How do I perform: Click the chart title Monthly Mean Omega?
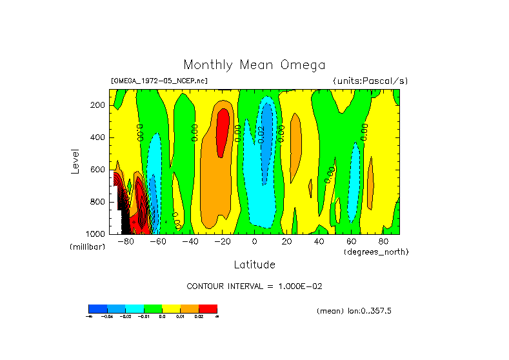click(254, 65)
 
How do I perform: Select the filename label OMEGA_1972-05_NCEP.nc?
click(159, 81)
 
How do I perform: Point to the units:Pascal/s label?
click(370, 81)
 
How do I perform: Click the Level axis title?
click(75, 161)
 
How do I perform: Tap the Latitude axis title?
click(254, 265)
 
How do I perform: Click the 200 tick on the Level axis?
click(98, 105)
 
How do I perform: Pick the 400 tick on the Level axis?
click(98, 137)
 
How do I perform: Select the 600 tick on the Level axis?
click(98, 170)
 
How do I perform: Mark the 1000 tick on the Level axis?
click(96, 234)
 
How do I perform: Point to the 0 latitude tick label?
click(255, 242)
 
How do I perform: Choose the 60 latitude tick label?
click(352, 242)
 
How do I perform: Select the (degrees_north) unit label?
click(376, 251)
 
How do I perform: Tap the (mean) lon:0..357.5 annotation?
click(354, 311)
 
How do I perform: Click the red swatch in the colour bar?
click(208, 308)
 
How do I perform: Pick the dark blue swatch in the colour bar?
click(97, 308)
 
